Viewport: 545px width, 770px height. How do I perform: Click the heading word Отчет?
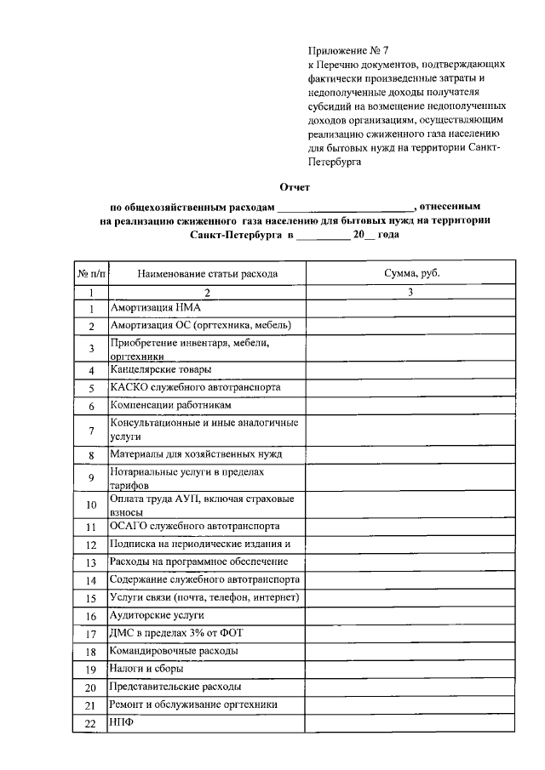tap(295, 186)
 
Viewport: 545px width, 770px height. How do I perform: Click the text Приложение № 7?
tap(347, 52)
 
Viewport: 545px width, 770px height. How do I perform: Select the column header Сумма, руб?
tap(410, 273)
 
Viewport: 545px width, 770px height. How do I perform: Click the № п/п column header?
tap(91, 273)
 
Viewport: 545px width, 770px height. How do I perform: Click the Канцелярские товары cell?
tap(160, 369)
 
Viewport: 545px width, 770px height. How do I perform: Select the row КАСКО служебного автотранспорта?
tap(195, 387)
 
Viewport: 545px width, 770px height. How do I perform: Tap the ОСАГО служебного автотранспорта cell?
tap(195, 525)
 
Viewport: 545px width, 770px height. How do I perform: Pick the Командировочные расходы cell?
tap(174, 651)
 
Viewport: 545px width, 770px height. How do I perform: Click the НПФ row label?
tap(122, 722)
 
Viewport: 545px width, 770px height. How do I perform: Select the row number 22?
tap(90, 723)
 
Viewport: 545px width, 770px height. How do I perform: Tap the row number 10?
tap(90, 505)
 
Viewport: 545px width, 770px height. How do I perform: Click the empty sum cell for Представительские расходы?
tap(410, 687)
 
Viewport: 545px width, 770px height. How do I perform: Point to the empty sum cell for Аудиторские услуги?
tap(410, 614)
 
